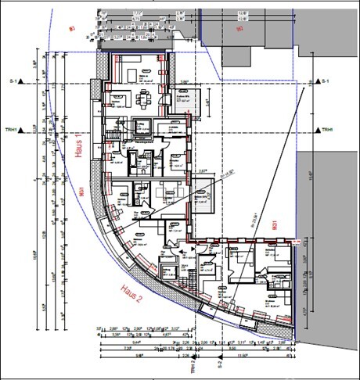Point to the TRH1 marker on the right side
tap(322, 131)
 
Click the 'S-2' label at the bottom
tap(221, 364)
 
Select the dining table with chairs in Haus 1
tap(142, 99)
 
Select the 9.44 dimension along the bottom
tap(117, 342)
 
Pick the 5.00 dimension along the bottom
tap(232, 349)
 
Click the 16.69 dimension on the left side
tap(36, 254)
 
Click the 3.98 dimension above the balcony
tap(183, 81)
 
